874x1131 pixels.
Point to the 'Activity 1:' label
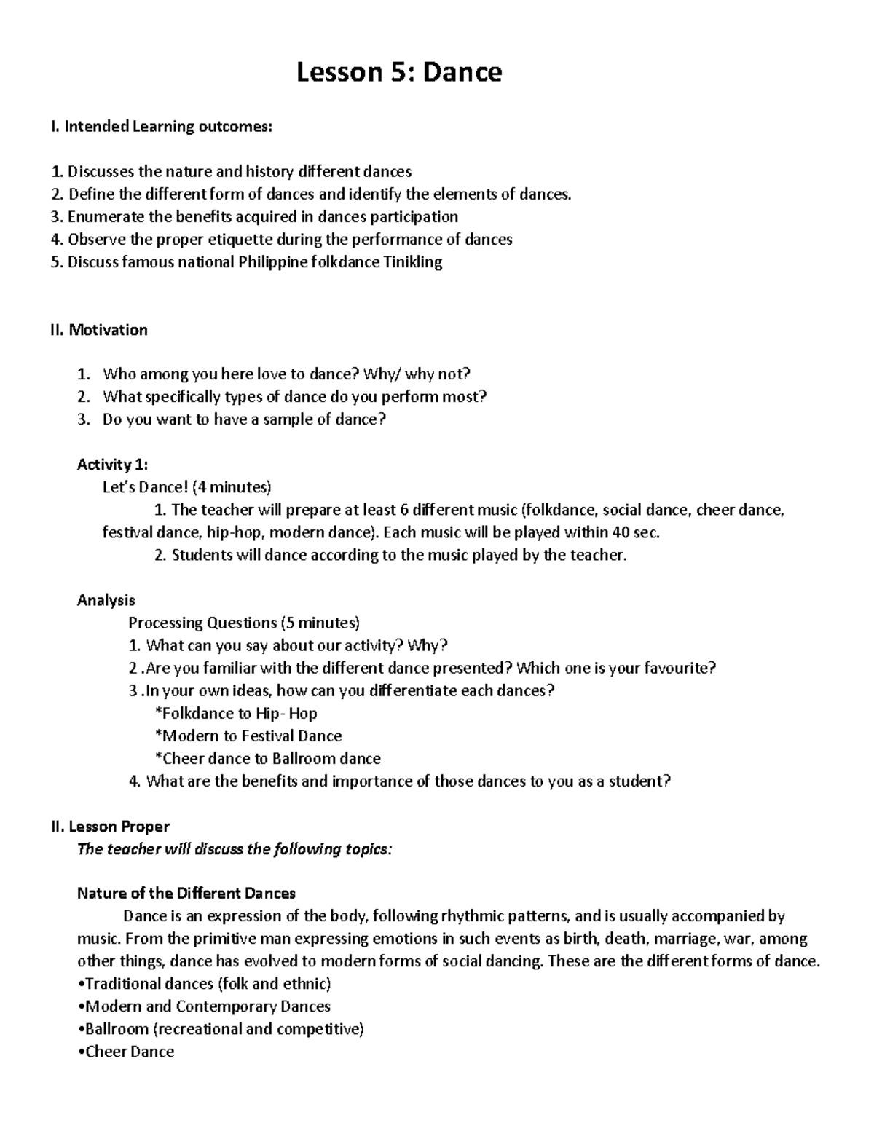[x=112, y=465]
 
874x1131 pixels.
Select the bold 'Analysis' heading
[x=106, y=600]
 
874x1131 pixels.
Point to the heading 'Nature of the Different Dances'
[x=186, y=893]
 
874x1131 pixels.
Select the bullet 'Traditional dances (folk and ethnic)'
[x=205, y=984]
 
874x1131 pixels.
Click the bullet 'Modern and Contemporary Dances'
[x=205, y=1006]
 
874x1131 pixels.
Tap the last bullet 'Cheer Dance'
[x=126, y=1052]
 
